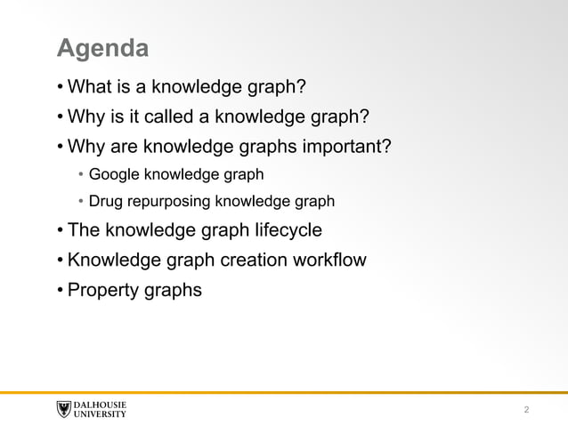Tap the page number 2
click(527, 410)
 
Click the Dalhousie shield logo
click(63, 409)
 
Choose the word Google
click(114, 172)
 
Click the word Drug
click(105, 201)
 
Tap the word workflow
click(332, 261)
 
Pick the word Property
click(101, 290)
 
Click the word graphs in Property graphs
click(171, 290)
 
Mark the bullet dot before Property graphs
click(60, 290)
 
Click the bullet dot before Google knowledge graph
click(80, 172)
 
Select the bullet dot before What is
click(60, 87)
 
